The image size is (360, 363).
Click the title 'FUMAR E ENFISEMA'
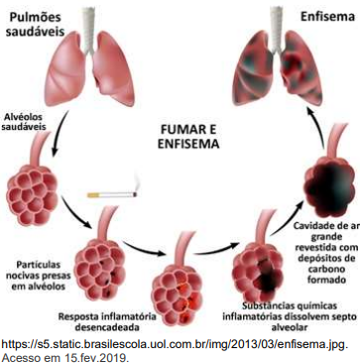(188, 137)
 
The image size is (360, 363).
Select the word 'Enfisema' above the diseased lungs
(327, 16)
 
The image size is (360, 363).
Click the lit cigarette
(112, 194)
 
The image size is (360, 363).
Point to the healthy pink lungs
(89, 67)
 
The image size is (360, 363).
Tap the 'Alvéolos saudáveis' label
(26, 121)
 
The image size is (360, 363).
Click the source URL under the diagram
(176, 345)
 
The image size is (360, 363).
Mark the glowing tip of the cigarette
(136, 194)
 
